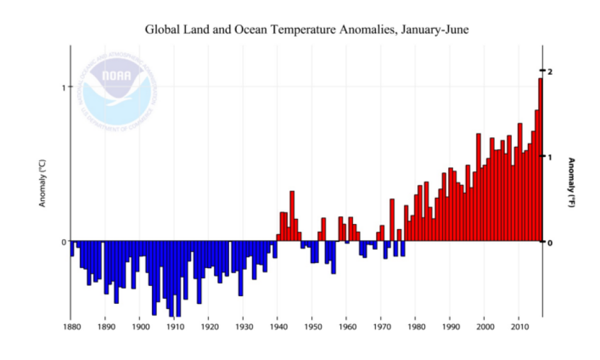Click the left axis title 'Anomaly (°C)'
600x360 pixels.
pos(43,183)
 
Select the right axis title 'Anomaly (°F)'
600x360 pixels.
pos(572,183)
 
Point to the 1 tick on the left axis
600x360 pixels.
pos(64,87)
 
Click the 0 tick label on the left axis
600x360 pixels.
pos(64,242)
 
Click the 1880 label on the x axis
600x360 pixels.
pos(71,327)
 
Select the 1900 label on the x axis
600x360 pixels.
pos(140,327)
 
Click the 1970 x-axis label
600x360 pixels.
pos(380,327)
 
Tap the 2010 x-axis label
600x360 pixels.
pos(518,327)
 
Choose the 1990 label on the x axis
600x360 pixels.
pos(449,327)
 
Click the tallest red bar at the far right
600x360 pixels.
pos(540,160)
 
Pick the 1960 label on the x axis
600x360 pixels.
pos(346,327)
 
